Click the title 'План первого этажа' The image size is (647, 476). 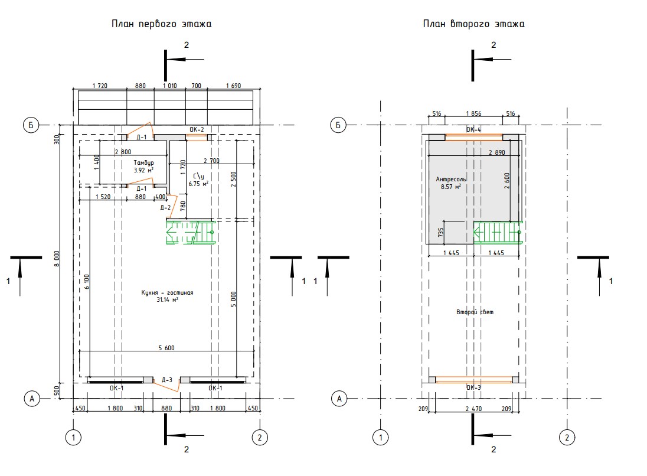point(161,24)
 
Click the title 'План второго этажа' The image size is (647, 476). point(473,24)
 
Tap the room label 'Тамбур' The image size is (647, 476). point(143,162)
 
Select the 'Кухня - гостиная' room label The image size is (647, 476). point(167,293)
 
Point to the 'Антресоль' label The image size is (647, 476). point(451,179)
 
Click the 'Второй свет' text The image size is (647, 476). point(475,312)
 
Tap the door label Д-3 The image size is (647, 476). point(167,380)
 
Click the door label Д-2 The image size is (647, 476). point(165,207)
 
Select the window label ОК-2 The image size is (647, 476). point(197,130)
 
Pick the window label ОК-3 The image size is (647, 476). point(473,387)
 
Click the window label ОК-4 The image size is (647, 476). point(473,130)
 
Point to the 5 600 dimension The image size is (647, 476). point(166,348)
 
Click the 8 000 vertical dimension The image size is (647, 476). point(57,259)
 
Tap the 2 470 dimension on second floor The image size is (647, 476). point(473,409)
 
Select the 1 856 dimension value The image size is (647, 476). point(473,113)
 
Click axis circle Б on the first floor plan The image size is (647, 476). point(31,125)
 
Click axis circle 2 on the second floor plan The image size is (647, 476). point(567,437)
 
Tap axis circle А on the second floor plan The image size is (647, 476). point(339,399)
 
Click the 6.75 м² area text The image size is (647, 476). point(198,184)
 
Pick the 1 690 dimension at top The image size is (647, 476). point(234,86)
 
